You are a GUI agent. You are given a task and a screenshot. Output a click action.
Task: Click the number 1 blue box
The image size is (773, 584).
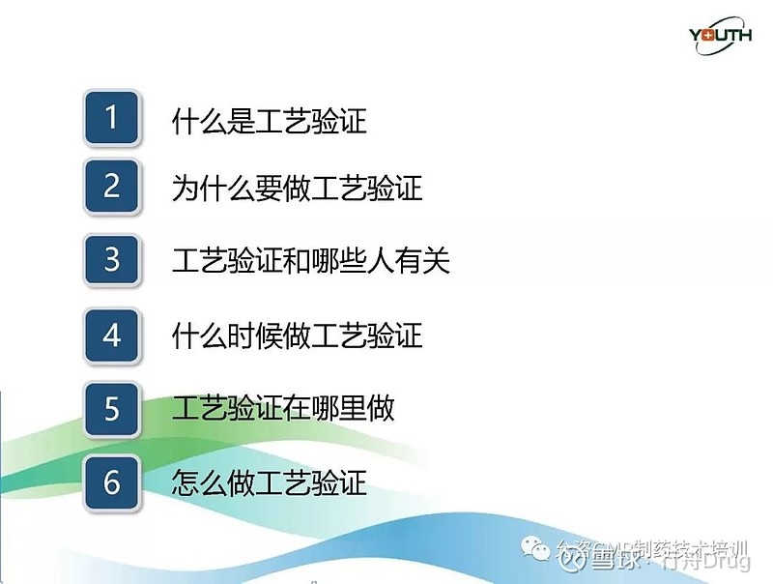click(x=112, y=118)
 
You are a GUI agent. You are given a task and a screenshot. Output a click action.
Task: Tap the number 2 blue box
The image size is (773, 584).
click(x=112, y=186)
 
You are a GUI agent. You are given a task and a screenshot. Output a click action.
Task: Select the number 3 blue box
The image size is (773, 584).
click(x=112, y=260)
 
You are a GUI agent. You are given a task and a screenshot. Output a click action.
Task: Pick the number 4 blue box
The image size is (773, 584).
click(x=112, y=335)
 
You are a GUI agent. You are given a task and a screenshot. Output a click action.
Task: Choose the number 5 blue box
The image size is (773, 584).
click(x=112, y=407)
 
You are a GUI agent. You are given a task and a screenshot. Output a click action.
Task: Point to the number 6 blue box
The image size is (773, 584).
click(x=112, y=481)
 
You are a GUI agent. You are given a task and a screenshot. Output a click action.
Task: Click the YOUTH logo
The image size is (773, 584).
click(x=719, y=37)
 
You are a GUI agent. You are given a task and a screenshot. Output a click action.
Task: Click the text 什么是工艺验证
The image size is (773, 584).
click(x=269, y=122)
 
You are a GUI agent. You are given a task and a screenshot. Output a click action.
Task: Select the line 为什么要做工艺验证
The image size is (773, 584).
click(x=297, y=188)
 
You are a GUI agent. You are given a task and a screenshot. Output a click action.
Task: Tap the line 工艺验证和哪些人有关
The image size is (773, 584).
click(x=310, y=261)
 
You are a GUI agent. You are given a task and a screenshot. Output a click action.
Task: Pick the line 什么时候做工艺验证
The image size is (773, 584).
click(x=297, y=336)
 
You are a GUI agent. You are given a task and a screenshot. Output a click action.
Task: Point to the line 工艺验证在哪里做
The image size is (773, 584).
click(x=283, y=408)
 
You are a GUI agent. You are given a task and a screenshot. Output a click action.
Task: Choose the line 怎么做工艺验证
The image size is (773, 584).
click(x=269, y=482)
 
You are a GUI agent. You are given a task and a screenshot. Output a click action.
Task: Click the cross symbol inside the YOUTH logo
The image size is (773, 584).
click(x=708, y=37)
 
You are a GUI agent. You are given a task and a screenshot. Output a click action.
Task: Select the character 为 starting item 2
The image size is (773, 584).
click(x=185, y=188)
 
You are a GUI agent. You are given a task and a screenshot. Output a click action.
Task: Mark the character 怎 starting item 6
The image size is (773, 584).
click(x=185, y=482)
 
